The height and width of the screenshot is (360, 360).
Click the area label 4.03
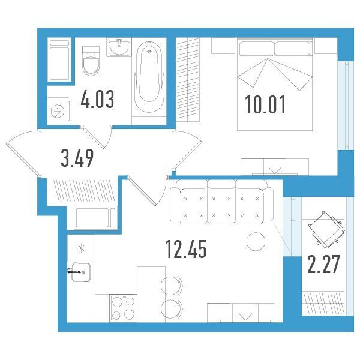coord(97,100)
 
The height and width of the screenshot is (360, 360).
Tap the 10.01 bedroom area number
coord(265,104)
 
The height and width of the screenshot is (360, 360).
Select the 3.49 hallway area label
coord(77,158)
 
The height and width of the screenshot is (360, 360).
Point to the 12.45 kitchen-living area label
coord(186,248)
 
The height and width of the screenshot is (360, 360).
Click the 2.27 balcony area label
coord(323,264)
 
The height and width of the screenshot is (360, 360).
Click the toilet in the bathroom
coord(91,61)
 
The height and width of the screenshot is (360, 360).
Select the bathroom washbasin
coord(119,47)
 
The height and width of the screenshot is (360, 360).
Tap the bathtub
coord(149,77)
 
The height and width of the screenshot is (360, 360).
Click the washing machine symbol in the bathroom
coord(58,111)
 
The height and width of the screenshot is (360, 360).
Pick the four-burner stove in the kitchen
coord(123,308)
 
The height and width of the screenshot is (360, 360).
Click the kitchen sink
coord(81,272)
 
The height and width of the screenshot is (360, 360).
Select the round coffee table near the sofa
coord(256,242)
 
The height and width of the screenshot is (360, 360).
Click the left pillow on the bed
coord(257,49)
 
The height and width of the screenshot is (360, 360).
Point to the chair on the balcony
coord(327,230)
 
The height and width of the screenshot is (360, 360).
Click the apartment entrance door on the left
coord(23,152)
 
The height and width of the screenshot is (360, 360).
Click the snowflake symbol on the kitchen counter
coord(81,248)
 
